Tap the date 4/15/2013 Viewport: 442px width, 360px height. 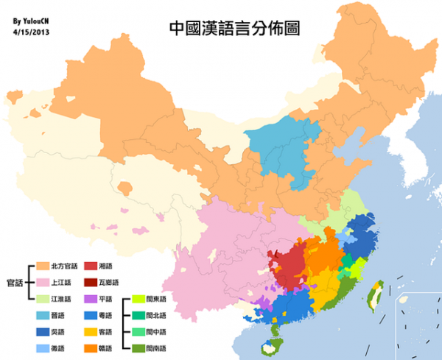32,32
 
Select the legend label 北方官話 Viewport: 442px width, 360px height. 63,266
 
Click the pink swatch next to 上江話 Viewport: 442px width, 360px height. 42,282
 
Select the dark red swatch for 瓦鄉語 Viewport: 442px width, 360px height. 90,282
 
